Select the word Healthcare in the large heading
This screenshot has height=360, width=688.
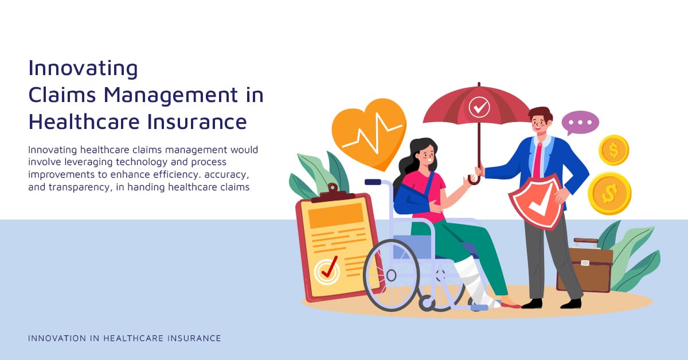click(84, 122)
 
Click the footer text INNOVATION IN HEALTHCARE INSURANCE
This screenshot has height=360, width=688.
click(124, 338)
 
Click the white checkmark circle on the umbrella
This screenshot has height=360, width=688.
click(479, 107)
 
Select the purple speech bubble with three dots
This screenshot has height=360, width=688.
click(580, 123)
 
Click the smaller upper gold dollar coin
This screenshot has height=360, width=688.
click(613, 150)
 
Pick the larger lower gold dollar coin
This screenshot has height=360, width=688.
click(609, 193)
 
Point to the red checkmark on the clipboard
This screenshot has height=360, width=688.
click(329, 267)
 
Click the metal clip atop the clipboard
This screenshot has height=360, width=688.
click(333, 193)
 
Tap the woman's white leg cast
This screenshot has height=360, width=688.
click(476, 281)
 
